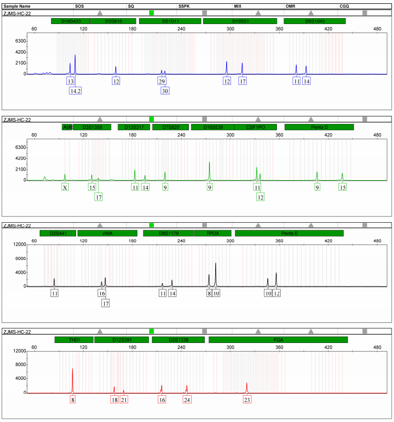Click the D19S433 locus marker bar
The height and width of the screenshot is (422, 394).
(70, 22)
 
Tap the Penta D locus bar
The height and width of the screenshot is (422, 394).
(319, 127)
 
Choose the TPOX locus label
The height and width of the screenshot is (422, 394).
(212, 233)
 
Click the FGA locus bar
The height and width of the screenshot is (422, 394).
(278, 340)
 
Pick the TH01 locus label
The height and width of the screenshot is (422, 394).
(74, 340)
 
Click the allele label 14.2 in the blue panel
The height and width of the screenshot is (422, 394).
(75, 91)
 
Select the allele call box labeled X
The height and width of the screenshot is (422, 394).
(65, 187)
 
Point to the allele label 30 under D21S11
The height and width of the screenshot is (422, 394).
(165, 91)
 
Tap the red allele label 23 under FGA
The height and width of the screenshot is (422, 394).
(247, 399)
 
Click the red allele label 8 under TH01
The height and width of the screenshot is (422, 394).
(73, 399)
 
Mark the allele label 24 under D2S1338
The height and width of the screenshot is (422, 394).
(187, 399)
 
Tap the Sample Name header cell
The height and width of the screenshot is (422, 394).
(15, 6)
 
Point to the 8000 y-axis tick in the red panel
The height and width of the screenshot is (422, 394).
(19, 365)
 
